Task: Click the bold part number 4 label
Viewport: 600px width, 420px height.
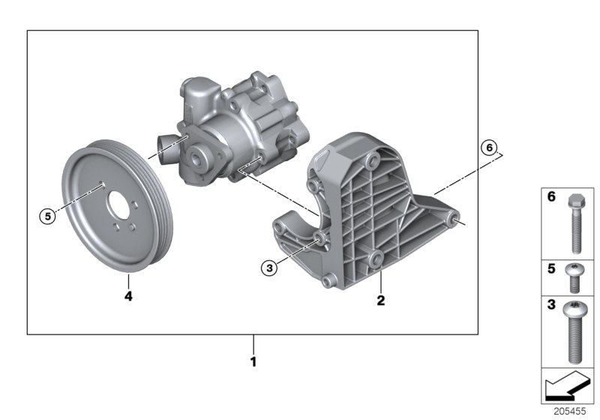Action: coord(128,297)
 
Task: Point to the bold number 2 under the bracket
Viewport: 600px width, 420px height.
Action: coord(380,301)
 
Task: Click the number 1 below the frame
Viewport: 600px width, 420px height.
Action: coord(253,361)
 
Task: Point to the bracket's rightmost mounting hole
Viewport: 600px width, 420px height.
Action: coord(453,220)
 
